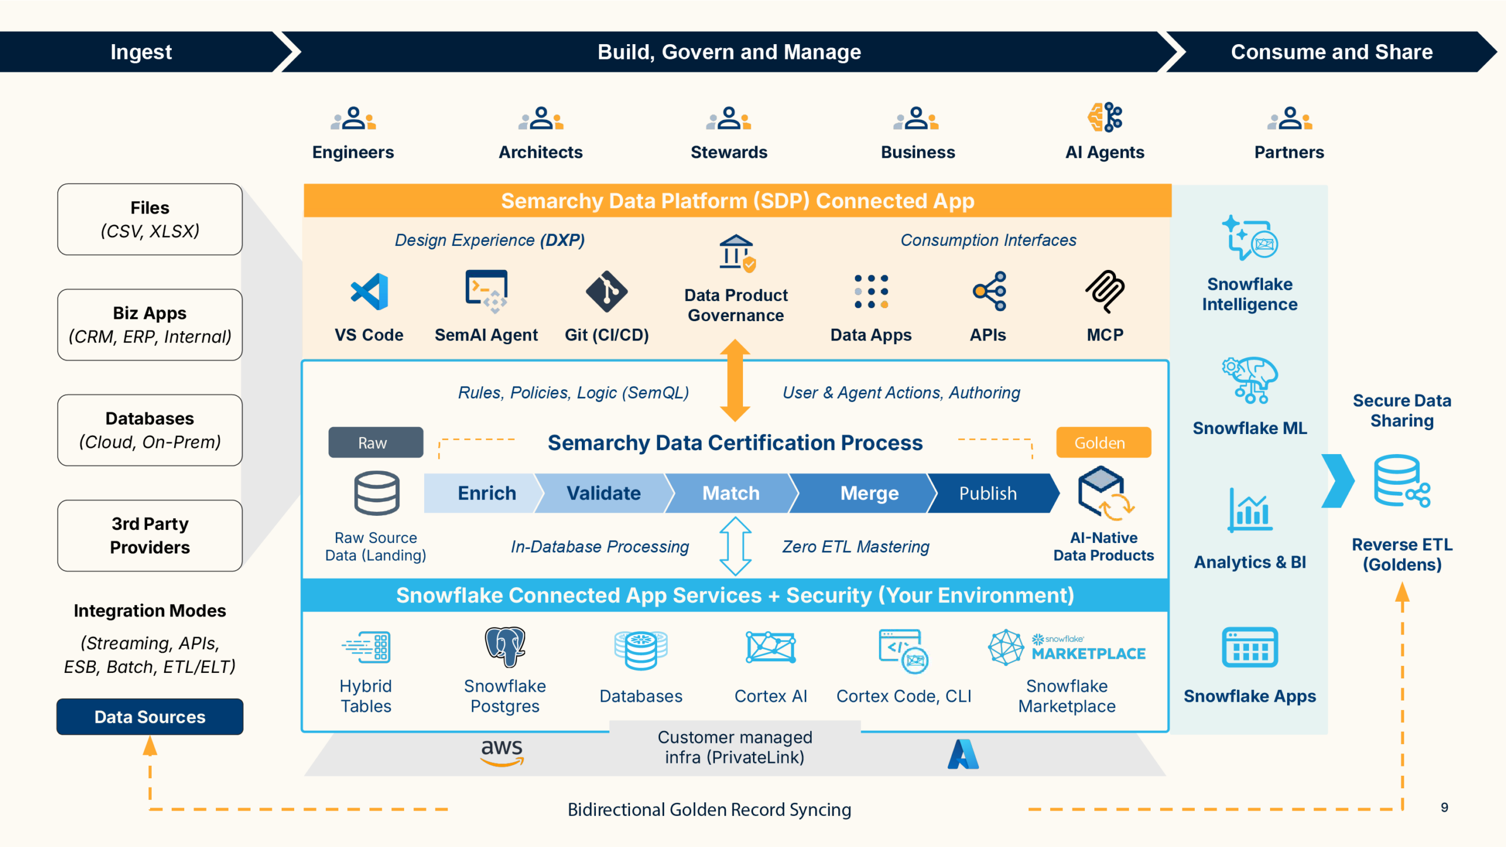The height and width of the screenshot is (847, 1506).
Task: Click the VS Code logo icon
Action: pyautogui.click(x=369, y=292)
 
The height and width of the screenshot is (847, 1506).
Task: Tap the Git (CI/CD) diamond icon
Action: pyautogui.click(x=607, y=292)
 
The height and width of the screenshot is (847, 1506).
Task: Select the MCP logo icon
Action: pyautogui.click(x=1105, y=292)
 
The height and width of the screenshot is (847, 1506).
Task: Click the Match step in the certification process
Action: pyautogui.click(x=731, y=493)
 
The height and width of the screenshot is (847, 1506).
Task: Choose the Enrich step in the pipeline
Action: pyautogui.click(x=482, y=493)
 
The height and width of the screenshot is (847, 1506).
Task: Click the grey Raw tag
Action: pyautogui.click(x=375, y=442)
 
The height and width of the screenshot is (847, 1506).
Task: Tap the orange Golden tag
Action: pyautogui.click(x=1103, y=442)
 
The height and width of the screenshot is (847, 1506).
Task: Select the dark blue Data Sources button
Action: pyautogui.click(x=150, y=716)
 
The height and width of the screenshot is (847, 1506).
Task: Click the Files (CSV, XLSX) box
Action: pyautogui.click(x=150, y=219)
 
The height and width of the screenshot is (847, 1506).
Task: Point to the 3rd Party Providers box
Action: pyautogui.click(x=150, y=535)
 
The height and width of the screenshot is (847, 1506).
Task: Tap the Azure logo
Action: pyautogui.click(x=963, y=754)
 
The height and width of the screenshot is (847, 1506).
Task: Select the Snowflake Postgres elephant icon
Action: pyautogui.click(x=505, y=646)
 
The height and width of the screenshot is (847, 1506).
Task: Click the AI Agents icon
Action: pyautogui.click(x=1105, y=117)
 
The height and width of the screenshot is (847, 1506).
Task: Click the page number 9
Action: pyautogui.click(x=1444, y=808)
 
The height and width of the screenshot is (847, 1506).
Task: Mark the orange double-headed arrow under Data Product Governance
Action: pyautogui.click(x=735, y=380)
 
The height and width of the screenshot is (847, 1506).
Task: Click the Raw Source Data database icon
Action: pyautogui.click(x=376, y=493)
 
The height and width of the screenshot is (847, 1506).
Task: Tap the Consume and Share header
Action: pyautogui.click(x=1331, y=52)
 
